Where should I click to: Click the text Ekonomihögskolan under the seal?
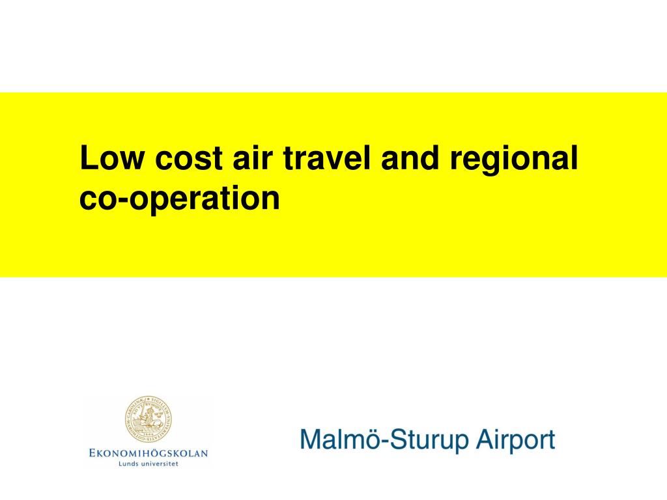click(148, 452)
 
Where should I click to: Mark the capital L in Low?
click(87, 158)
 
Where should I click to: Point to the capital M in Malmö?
click(310, 440)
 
